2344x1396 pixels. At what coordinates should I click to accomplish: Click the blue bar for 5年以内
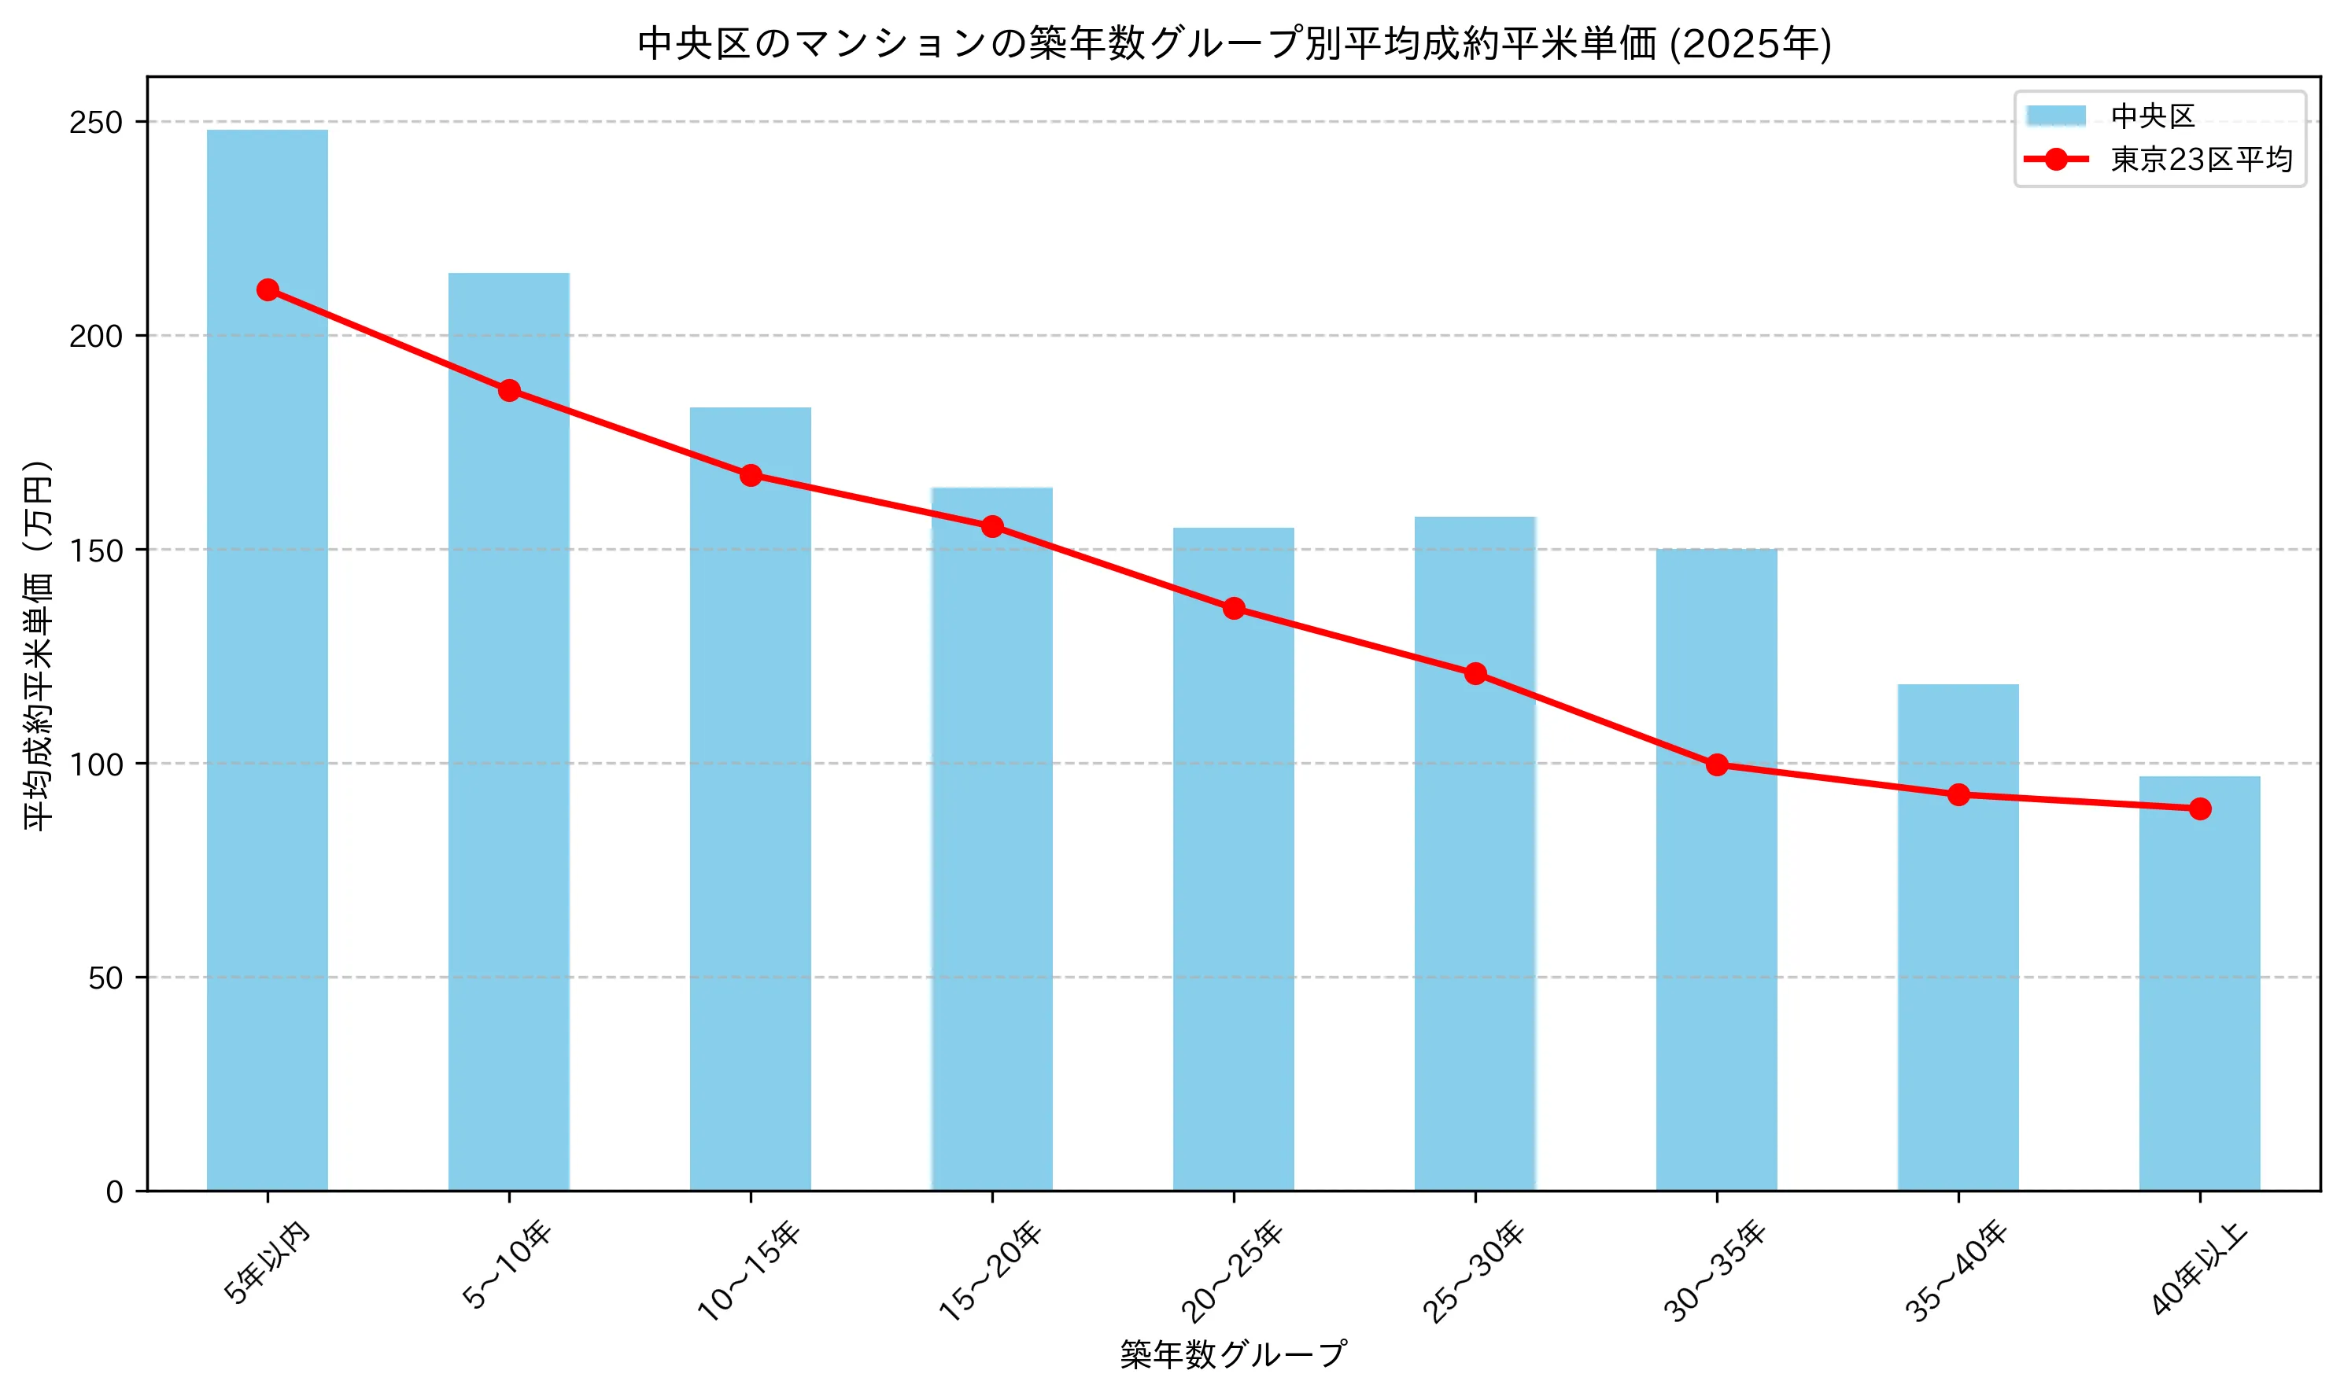pos(268,658)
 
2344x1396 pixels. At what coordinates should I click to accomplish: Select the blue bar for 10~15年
pos(750,800)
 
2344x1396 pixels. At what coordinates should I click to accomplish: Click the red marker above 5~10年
pos(509,390)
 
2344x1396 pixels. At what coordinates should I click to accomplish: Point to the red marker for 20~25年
pos(1234,609)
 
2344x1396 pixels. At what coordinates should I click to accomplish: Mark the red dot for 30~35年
pos(1716,764)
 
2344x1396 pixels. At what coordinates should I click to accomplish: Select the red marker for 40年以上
pos(2199,809)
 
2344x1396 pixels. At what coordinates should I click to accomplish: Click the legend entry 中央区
pos(2152,116)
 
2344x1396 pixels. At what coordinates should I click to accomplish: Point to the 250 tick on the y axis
pos(96,122)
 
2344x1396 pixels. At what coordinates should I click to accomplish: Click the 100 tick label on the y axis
pos(96,764)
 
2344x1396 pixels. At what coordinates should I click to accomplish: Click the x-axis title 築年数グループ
pos(1233,1354)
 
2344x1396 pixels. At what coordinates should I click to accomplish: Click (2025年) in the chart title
pos(1749,44)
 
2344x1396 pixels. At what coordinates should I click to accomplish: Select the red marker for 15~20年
pos(991,527)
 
